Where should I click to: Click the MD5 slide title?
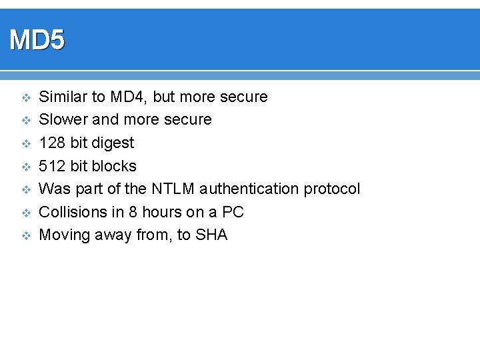coord(37,41)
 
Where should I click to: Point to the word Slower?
coord(63,120)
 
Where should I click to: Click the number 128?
coord(53,143)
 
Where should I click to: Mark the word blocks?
coord(113,166)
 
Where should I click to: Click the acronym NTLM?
coord(172,189)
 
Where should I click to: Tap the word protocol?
coord(332,189)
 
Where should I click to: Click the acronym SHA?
coord(211,235)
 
